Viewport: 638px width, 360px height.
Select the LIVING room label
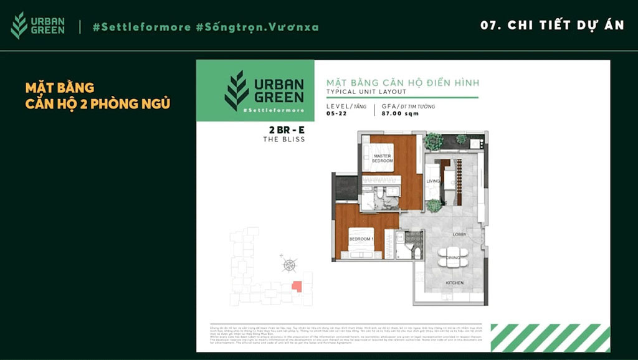tap(433, 181)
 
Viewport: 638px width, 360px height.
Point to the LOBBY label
tap(460, 235)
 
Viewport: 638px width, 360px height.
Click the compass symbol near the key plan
tap(289, 264)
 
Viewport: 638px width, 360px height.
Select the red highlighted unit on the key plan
tap(297, 287)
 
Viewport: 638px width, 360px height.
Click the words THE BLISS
tap(284, 140)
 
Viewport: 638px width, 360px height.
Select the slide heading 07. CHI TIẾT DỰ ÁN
tap(552, 26)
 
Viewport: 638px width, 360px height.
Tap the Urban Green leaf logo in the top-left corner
tap(19, 26)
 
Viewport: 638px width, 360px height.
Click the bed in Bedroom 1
tap(361, 248)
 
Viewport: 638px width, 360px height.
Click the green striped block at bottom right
tap(550, 338)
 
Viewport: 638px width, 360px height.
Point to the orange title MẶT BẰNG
tap(60, 88)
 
